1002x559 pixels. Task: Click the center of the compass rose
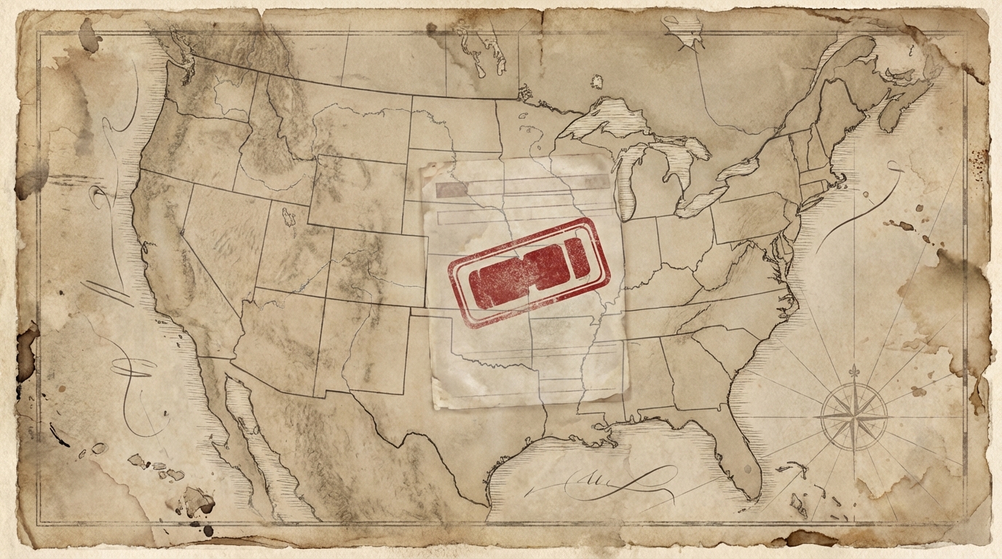853,417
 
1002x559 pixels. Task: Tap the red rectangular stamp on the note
529,271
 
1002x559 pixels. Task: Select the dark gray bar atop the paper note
451,190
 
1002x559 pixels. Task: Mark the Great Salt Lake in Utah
289,215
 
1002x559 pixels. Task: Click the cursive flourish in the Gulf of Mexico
597,480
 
